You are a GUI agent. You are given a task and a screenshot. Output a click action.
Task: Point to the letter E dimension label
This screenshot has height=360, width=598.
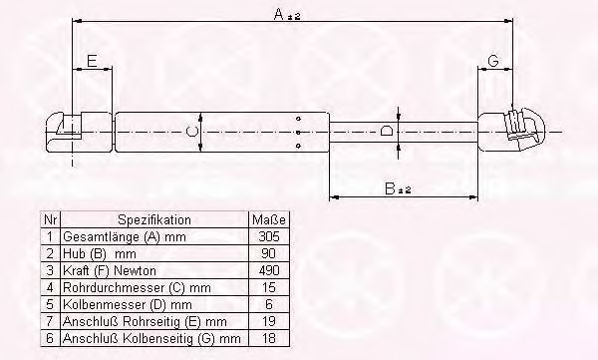pyautogui.click(x=91, y=62)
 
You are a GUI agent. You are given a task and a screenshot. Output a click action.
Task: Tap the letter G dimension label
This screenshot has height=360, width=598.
pyautogui.click(x=493, y=62)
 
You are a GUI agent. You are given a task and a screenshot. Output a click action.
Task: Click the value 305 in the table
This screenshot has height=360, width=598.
pyautogui.click(x=268, y=237)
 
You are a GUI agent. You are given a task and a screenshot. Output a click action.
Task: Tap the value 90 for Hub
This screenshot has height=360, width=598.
pyautogui.click(x=268, y=254)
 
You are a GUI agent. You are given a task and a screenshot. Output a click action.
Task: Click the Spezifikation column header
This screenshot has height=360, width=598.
pyautogui.click(x=154, y=220)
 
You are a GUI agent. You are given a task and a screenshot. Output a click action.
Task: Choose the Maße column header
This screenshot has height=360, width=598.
pyautogui.click(x=268, y=220)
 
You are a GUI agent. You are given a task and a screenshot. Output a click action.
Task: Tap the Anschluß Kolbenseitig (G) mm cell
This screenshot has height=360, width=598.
pyautogui.click(x=145, y=339)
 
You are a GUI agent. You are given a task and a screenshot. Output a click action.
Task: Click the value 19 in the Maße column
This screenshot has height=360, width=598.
pyautogui.click(x=268, y=322)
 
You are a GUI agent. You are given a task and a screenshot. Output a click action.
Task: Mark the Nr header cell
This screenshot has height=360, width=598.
pyautogui.click(x=50, y=220)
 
